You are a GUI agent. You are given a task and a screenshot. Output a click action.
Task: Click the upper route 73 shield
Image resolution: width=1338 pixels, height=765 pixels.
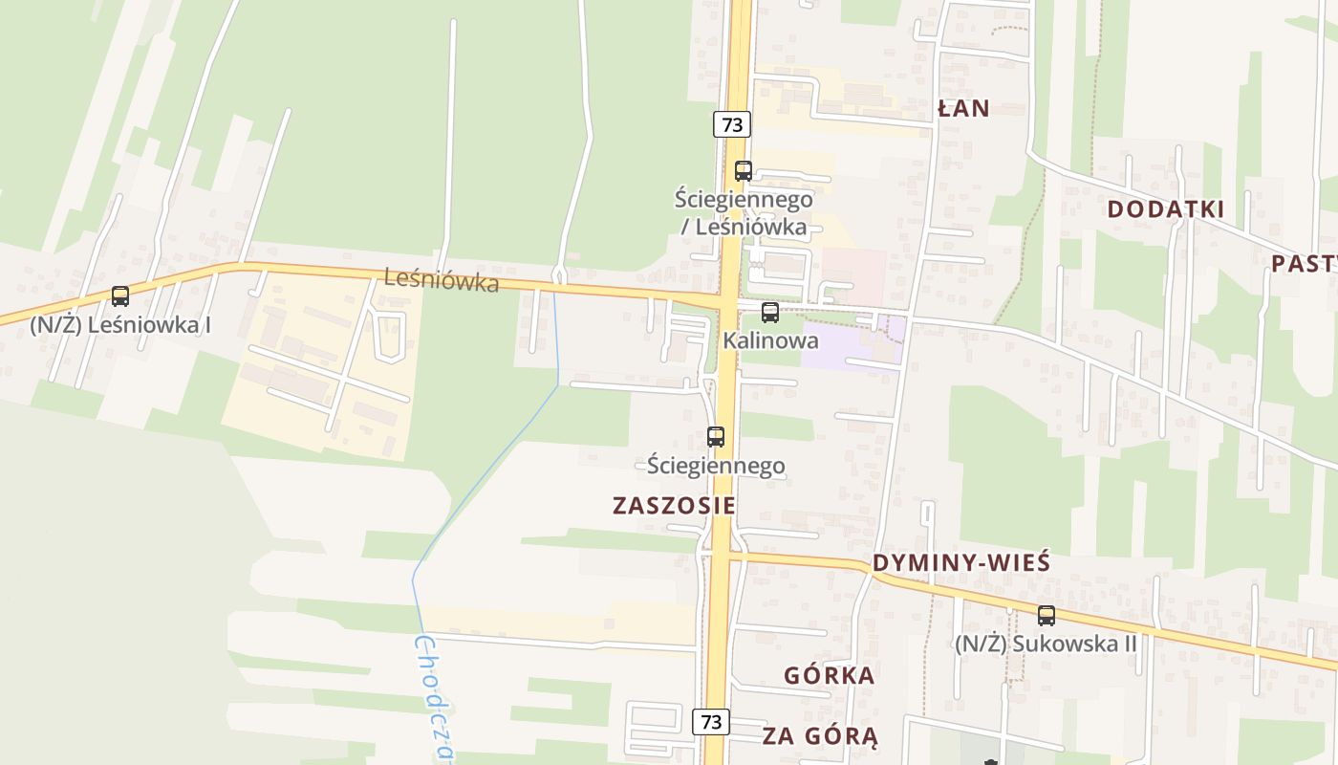tap(731, 124)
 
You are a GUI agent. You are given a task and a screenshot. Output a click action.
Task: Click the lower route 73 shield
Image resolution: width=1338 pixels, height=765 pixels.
tap(711, 721)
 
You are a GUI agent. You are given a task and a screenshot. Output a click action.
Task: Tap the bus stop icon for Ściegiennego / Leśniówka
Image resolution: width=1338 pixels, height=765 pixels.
tap(743, 171)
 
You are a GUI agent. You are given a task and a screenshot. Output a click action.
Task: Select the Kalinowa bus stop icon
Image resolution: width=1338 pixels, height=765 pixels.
tap(769, 312)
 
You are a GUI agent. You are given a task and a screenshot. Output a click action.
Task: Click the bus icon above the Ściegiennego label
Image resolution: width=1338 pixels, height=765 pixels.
tap(716, 437)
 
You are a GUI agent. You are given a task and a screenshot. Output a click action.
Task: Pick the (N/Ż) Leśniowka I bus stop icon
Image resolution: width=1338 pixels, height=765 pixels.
tap(119, 296)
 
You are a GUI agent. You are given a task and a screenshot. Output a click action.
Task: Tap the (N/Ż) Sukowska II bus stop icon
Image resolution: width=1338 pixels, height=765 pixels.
tap(1047, 616)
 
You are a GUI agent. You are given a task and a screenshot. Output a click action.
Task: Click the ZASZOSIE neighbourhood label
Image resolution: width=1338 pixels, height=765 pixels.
tap(674, 506)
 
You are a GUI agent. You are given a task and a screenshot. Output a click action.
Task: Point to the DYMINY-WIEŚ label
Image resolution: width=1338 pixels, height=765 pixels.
tap(961, 562)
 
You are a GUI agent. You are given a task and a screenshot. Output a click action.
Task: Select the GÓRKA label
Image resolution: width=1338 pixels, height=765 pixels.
tap(829, 676)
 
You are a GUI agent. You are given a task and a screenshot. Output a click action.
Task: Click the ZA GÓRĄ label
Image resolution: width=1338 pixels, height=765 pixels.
tap(820, 735)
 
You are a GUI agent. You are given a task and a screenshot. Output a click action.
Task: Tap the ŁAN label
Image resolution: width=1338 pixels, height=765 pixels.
tap(963, 109)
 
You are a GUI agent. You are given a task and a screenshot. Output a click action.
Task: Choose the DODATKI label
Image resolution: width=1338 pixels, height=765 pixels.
tap(1165, 209)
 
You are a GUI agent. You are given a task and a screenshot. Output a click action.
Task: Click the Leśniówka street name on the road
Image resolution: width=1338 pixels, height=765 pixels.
tap(441, 280)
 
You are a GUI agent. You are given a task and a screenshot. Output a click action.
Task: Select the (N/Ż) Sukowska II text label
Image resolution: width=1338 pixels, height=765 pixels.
tap(1046, 644)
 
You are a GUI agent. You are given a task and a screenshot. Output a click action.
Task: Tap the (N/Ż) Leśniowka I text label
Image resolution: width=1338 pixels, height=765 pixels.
tap(120, 324)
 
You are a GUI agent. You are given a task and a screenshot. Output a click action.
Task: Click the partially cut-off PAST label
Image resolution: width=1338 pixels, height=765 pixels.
tap(1305, 264)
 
